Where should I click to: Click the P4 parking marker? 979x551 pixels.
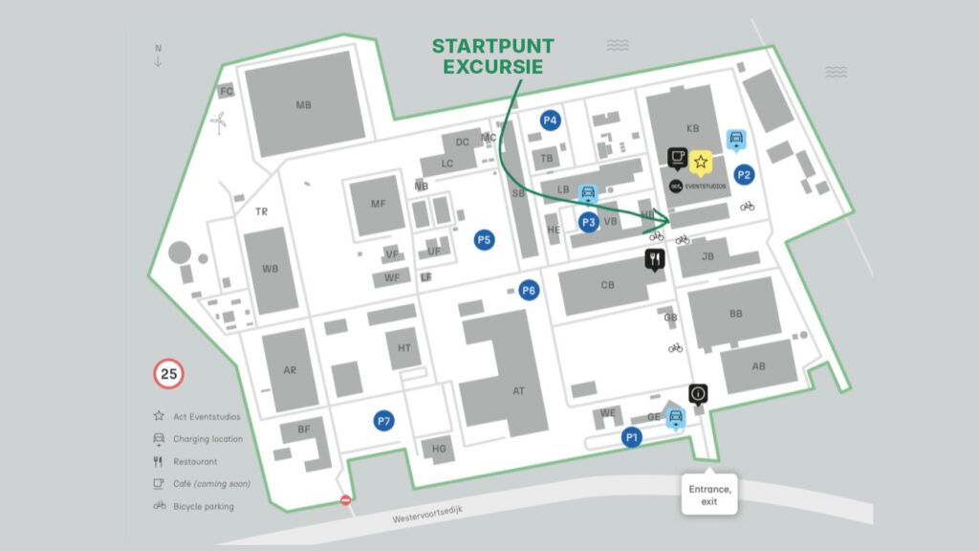click(x=549, y=120)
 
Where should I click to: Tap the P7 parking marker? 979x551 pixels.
click(x=384, y=421)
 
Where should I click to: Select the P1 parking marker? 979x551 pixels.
click(x=631, y=437)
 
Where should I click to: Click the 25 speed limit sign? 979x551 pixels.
click(x=169, y=374)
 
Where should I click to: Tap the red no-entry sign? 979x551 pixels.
click(x=346, y=500)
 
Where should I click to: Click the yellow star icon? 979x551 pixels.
click(x=700, y=162)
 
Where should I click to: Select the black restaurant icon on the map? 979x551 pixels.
click(x=655, y=257)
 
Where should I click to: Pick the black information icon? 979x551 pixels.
click(x=699, y=392)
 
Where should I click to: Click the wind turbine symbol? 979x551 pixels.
click(x=219, y=121)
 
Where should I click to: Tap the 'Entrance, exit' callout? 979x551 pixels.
click(x=709, y=496)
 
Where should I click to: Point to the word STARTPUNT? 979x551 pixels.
click(x=492, y=46)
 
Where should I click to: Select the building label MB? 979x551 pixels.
click(x=303, y=105)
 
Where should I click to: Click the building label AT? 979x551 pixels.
click(x=518, y=390)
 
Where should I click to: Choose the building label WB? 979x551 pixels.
click(x=271, y=269)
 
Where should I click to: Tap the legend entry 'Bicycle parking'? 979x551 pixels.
click(x=203, y=507)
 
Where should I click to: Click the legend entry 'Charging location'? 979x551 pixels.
click(x=207, y=439)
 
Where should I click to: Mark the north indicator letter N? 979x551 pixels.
click(x=159, y=48)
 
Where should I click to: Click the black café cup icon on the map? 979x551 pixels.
click(x=677, y=156)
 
